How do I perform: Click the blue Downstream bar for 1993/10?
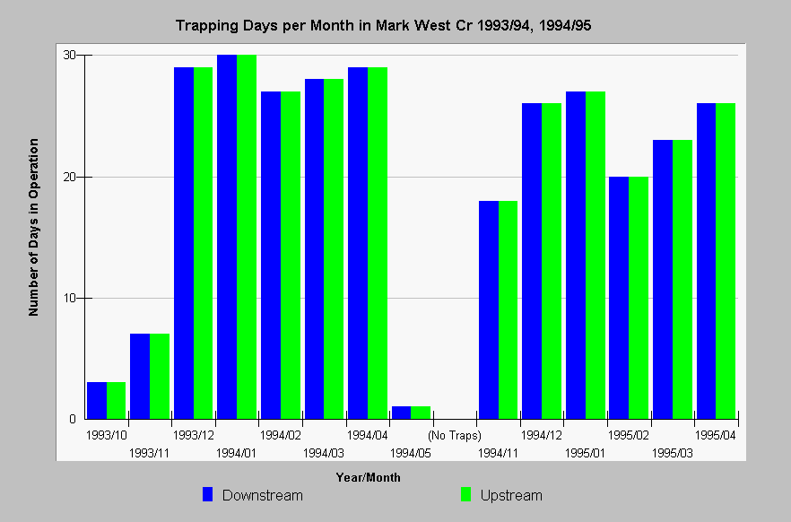(97, 400)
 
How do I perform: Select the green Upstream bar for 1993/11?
(160, 376)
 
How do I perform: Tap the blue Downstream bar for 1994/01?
(227, 237)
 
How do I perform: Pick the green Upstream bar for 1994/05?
(421, 413)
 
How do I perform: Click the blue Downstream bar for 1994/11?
(488, 310)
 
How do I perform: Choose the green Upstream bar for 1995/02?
(639, 298)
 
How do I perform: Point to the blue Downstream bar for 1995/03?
(663, 280)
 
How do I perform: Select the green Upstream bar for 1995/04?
(726, 261)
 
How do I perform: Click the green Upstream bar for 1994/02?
(291, 256)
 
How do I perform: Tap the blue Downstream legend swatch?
(207, 494)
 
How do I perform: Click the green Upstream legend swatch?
(465, 494)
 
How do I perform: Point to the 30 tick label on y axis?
(69, 55)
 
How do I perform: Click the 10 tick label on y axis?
(69, 298)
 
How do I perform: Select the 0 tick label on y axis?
(73, 419)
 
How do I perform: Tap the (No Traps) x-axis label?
(455, 435)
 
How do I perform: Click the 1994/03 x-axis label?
(324, 453)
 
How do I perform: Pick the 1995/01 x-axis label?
(585, 453)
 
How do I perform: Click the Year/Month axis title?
(369, 477)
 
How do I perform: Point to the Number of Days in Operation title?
(33, 228)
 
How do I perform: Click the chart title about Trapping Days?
(384, 25)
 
